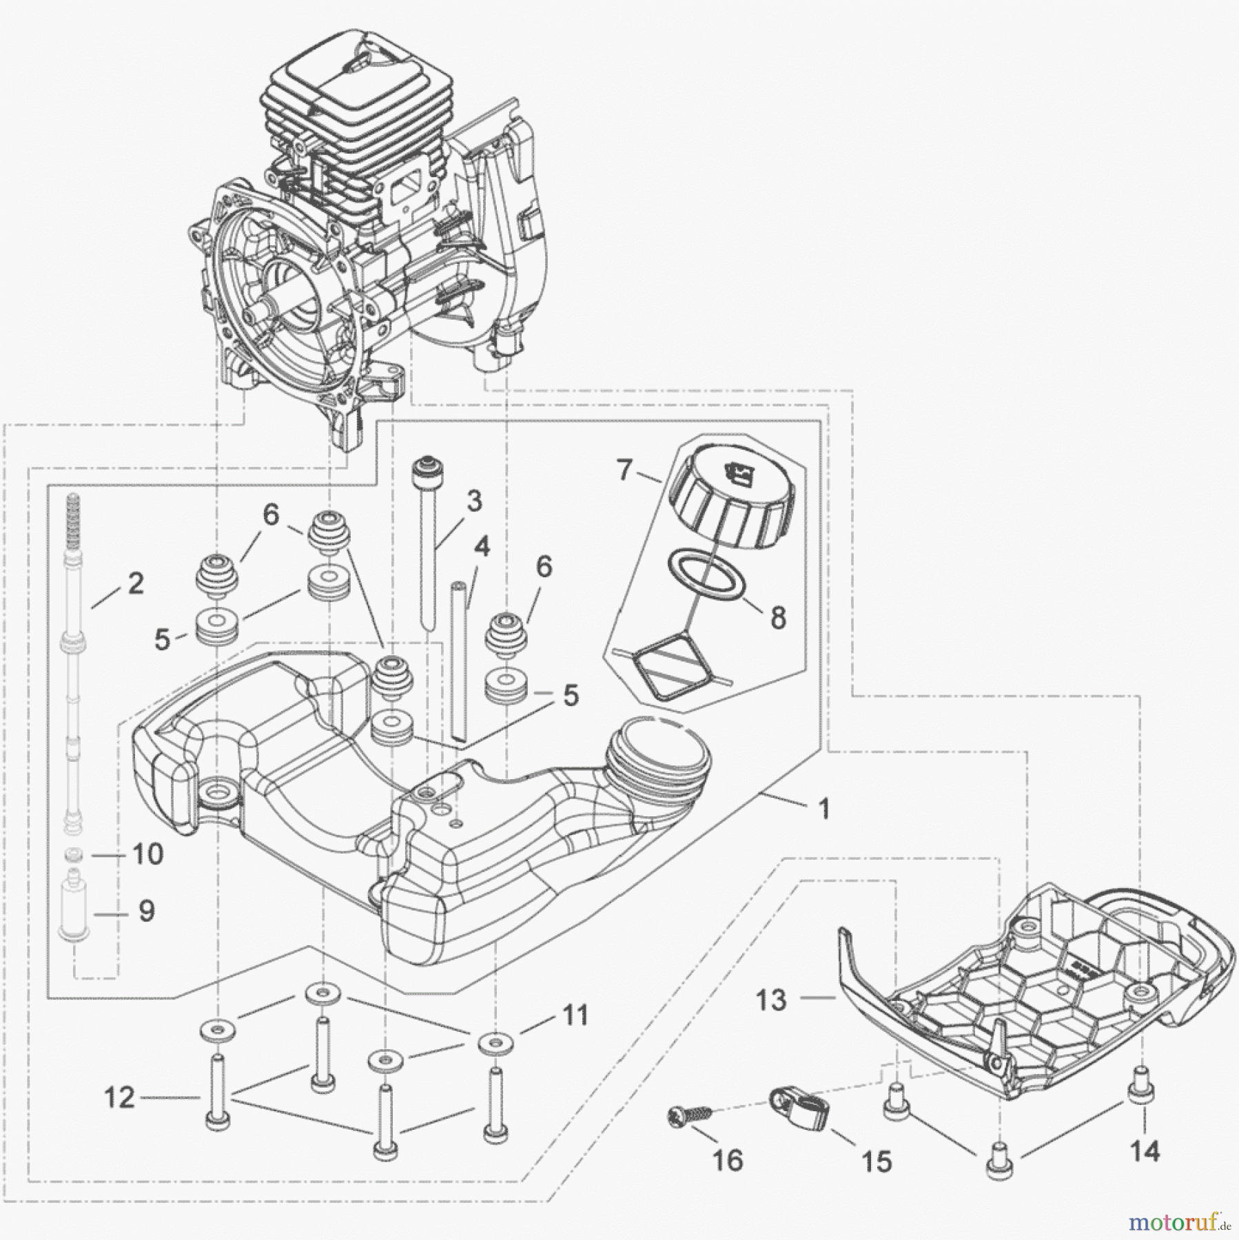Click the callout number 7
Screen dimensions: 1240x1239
click(x=624, y=472)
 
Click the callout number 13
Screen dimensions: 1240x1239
click(x=771, y=1000)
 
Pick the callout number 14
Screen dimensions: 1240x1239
click(x=1145, y=1150)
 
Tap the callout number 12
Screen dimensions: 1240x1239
click(x=120, y=1098)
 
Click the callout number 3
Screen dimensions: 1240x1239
click(x=474, y=502)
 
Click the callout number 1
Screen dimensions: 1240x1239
click(x=823, y=809)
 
